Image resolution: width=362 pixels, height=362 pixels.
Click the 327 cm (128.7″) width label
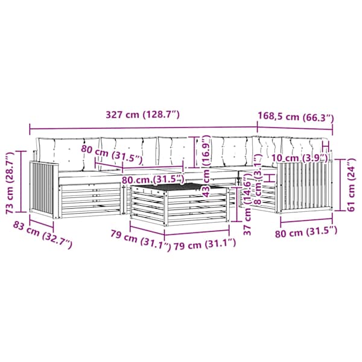pyautogui.click(x=142, y=115)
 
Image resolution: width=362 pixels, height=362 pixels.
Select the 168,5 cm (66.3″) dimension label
pyautogui.click(x=296, y=116)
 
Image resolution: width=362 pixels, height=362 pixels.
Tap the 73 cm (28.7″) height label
pyautogui.click(x=10, y=183)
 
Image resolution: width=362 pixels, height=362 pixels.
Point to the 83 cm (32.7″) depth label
pyautogui.click(x=43, y=235)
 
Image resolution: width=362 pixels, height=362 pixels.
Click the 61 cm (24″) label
pyautogui.click(x=351, y=185)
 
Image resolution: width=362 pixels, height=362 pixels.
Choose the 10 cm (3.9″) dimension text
pyautogui.click(x=299, y=158)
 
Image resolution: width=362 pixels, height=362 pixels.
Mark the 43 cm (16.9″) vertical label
pyautogui.click(x=206, y=166)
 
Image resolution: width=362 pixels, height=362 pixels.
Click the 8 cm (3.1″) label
pyautogui.click(x=258, y=179)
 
